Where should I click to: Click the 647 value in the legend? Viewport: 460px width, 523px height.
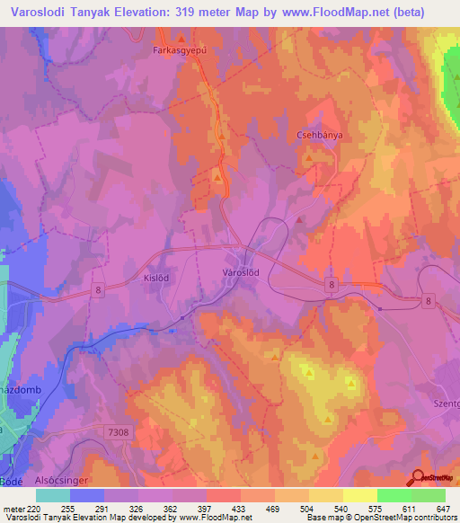tap(442, 508)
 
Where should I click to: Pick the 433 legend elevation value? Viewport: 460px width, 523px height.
tap(238, 508)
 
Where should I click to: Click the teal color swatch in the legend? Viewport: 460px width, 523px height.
tap(53, 495)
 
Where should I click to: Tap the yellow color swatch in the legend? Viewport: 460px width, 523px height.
tap(360, 495)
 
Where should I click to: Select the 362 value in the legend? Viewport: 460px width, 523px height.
tap(171, 508)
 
